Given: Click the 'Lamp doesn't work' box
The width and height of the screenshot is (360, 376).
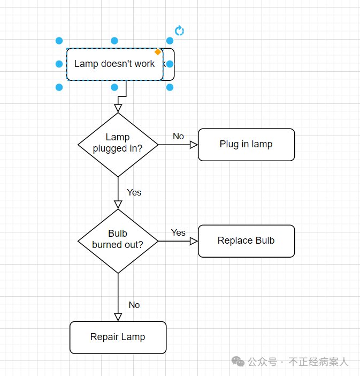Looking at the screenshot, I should (114, 64).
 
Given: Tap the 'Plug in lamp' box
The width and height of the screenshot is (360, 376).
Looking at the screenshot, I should (246, 145).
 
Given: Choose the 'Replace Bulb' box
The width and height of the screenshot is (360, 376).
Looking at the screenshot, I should (246, 241).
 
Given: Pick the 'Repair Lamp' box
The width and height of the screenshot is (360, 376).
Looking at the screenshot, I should (118, 337).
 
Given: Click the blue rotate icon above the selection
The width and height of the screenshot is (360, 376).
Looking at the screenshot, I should (180, 31).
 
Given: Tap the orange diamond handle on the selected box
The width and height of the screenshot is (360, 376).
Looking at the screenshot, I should (158, 52).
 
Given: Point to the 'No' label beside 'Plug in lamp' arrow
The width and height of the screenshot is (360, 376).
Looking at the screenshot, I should (178, 137).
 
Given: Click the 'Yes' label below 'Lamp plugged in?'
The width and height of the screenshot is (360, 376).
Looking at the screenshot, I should (134, 192).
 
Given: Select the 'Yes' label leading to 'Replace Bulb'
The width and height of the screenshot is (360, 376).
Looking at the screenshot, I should (178, 233).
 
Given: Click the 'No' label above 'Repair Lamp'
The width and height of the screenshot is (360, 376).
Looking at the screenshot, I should (134, 305).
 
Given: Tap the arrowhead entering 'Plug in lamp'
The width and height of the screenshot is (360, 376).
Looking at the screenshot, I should (194, 145).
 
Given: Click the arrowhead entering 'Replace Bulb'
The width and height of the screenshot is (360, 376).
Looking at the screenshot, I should (194, 241).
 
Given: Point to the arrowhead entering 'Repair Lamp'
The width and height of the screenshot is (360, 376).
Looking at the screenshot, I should (118, 317).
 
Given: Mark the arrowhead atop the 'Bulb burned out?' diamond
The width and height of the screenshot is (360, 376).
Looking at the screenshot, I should (118, 205).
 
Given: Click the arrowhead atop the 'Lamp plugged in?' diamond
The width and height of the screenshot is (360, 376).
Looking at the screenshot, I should (118, 108).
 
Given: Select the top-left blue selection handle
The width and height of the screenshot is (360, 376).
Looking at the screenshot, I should (59, 41).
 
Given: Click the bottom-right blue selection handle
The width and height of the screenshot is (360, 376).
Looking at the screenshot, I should (170, 87).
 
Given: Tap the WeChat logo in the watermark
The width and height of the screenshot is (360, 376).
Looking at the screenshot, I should (238, 362).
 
